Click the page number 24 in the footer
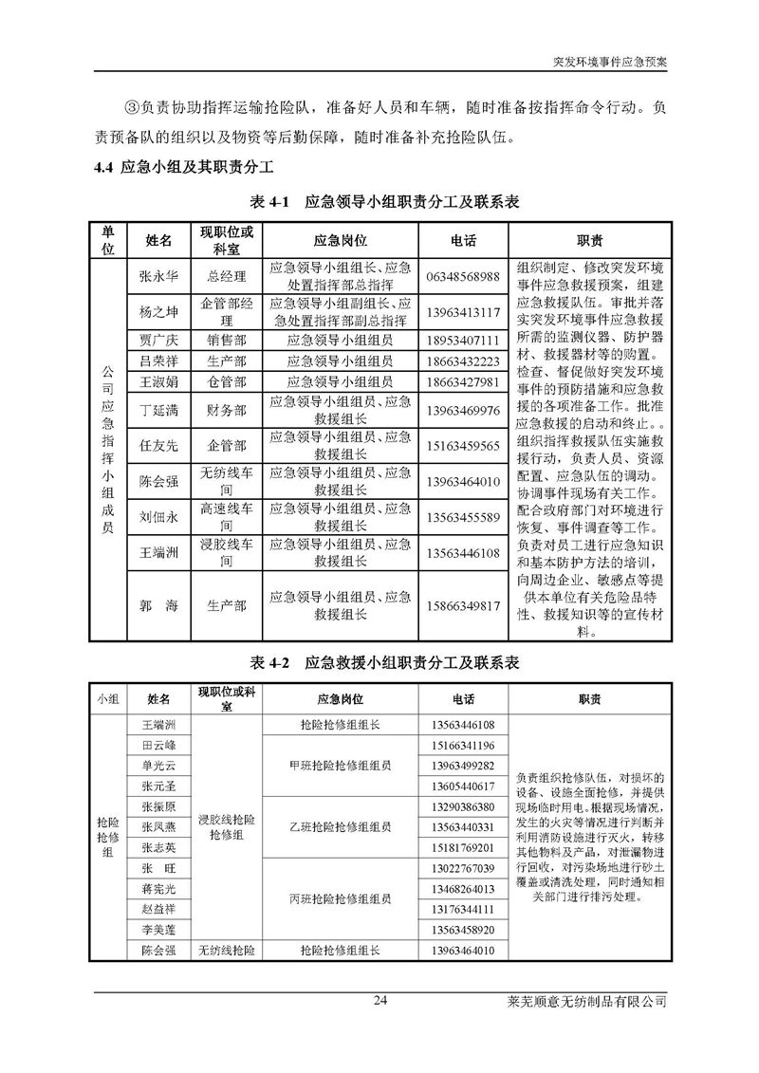click(379, 1001)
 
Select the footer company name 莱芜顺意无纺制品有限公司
click(595, 1001)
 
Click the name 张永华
click(159, 276)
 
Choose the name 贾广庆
click(159, 340)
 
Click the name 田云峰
click(159, 745)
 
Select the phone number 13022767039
click(462, 868)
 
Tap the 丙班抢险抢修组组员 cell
click(340, 898)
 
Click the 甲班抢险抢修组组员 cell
click(340, 766)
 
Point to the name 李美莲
click(159, 930)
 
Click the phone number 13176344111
click(462, 909)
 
